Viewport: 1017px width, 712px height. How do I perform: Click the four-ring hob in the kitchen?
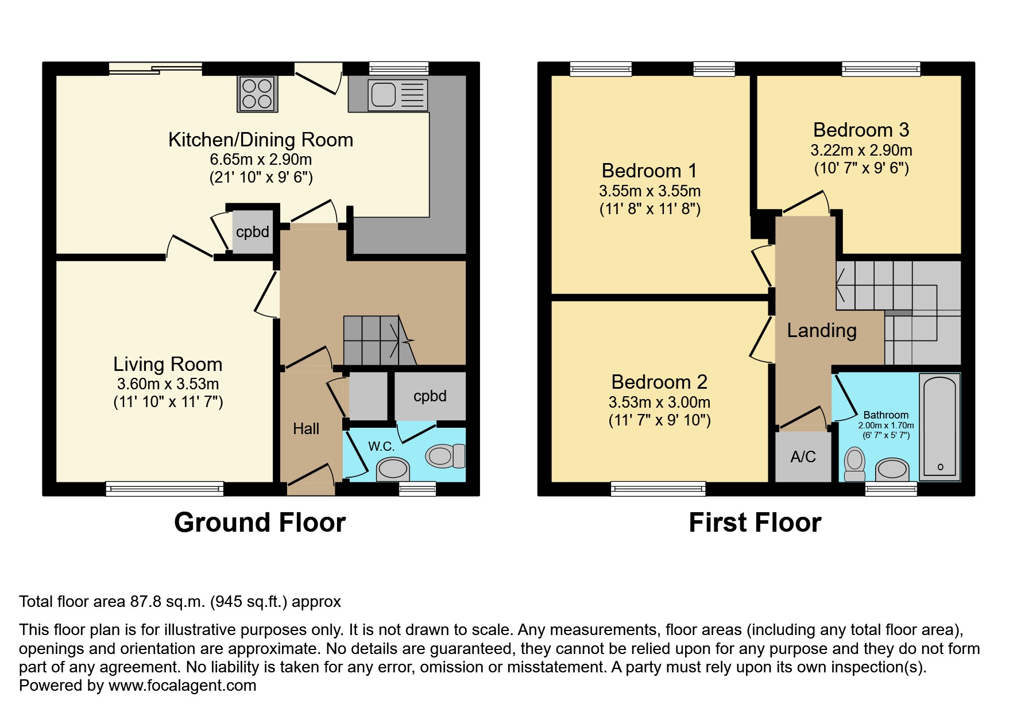[x=257, y=94]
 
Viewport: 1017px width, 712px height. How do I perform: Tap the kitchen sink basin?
[x=383, y=94]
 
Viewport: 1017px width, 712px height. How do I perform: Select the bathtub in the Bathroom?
[x=939, y=427]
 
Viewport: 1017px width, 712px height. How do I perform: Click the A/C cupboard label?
[x=803, y=457]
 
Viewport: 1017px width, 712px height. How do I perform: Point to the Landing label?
[x=822, y=331]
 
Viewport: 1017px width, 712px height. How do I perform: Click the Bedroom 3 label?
[x=861, y=130]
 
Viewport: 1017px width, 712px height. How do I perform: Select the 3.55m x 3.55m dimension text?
[x=649, y=191]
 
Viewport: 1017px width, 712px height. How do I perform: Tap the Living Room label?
[x=168, y=364]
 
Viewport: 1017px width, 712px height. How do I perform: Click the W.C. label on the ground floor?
[x=381, y=446]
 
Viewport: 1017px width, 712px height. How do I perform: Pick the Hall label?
[x=306, y=429]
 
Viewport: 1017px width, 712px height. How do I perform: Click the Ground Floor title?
[x=260, y=523]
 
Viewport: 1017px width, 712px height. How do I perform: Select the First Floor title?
[x=755, y=523]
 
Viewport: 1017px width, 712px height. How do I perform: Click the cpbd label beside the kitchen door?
[x=253, y=232]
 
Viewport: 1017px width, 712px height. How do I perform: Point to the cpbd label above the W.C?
[x=430, y=396]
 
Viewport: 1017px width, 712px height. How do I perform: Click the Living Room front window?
[x=165, y=489]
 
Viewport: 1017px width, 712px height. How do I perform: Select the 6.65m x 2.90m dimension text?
[x=261, y=160]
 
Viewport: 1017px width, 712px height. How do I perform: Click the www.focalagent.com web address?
[x=182, y=686]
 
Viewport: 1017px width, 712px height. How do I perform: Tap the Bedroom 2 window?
[x=658, y=489]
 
